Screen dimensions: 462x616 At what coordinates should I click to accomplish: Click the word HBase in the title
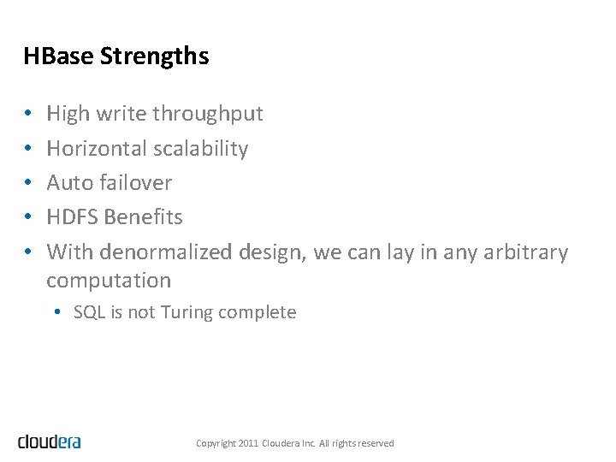pos(58,56)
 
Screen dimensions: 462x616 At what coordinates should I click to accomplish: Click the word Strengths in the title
pos(154,56)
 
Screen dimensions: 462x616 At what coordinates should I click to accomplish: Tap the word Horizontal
pos(97,148)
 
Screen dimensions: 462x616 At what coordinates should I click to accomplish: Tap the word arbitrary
pos(525,252)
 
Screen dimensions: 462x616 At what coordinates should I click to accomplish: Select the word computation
pos(109,281)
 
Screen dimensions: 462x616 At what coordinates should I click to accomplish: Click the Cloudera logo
pos(50,441)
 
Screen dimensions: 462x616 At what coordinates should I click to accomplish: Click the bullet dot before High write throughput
pos(28,115)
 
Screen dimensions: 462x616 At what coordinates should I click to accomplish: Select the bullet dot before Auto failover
pos(28,183)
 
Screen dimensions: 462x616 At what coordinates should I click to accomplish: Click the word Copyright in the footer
pos(216,443)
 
